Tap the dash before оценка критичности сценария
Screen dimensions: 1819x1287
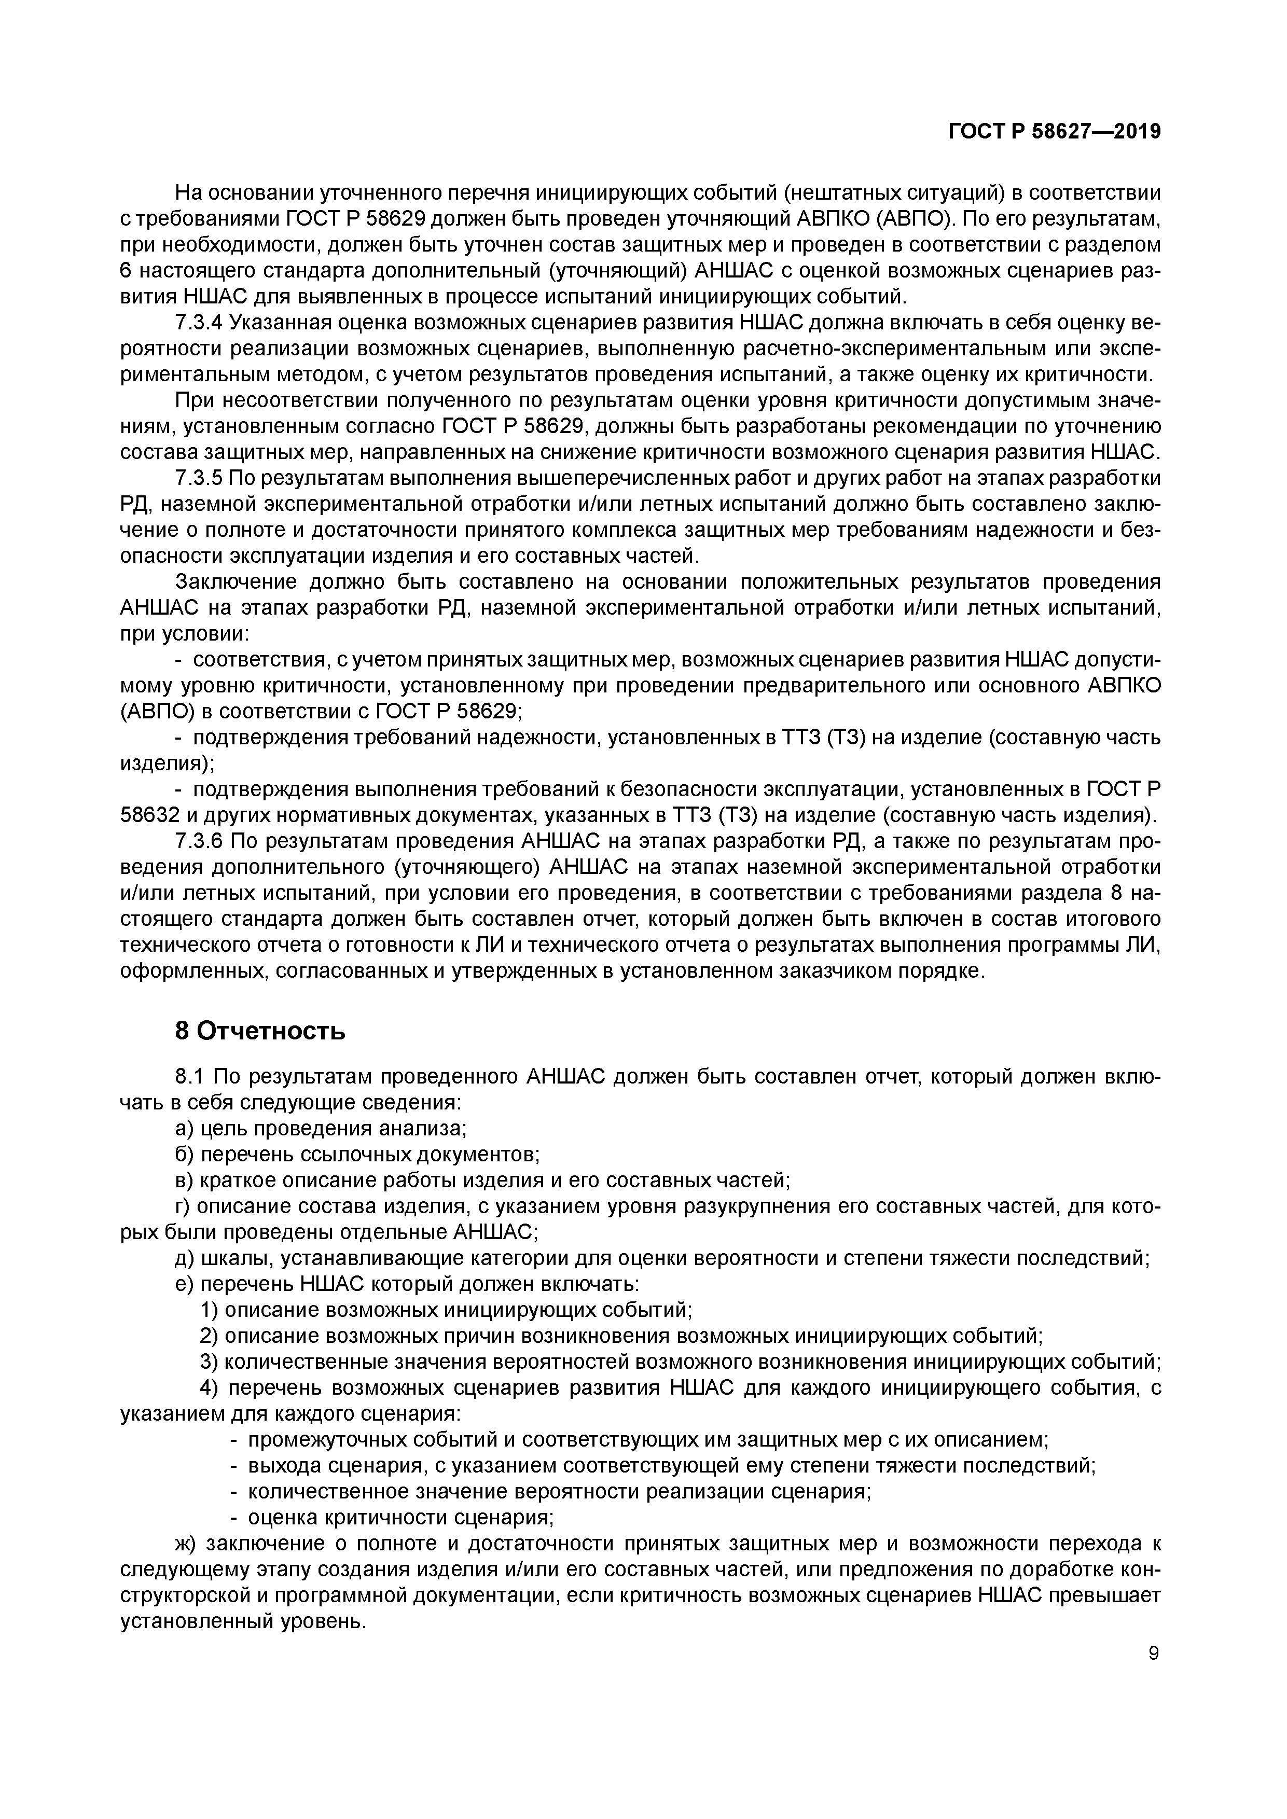pos(234,1517)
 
